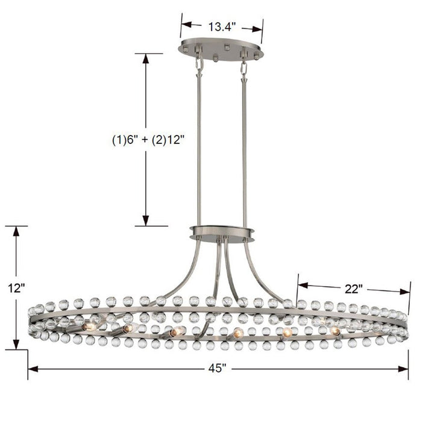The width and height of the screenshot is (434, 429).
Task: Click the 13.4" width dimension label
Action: (x=221, y=27)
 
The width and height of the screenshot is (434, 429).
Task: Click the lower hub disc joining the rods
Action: (x=221, y=231)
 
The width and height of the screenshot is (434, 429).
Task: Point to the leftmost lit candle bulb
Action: (x=89, y=326)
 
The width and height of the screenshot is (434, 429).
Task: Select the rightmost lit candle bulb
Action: (x=335, y=331)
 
